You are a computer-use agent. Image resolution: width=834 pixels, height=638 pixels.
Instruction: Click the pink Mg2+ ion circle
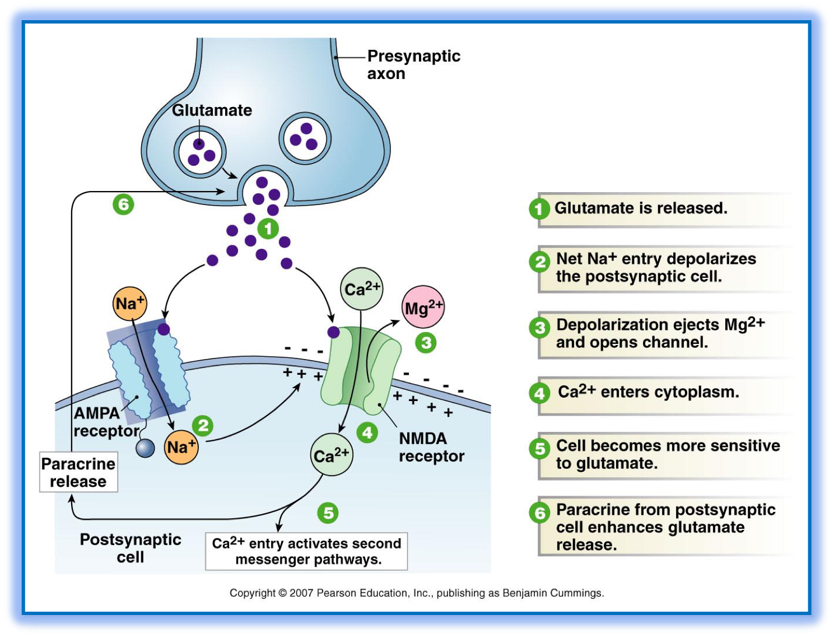click(x=423, y=308)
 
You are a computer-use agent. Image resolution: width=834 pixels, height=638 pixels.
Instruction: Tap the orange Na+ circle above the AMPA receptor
click(x=130, y=304)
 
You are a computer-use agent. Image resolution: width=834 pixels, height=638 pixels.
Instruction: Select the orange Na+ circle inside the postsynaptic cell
click(x=181, y=447)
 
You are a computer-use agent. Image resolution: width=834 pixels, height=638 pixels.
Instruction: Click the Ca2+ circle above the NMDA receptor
click(x=362, y=289)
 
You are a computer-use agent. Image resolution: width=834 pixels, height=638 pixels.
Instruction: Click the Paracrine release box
click(x=78, y=473)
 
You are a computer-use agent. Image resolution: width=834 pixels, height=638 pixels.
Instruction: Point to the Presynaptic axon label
click(x=413, y=64)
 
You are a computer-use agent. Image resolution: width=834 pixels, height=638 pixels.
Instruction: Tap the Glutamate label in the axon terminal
click(x=212, y=110)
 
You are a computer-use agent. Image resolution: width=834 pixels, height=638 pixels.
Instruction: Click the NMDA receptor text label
click(x=431, y=447)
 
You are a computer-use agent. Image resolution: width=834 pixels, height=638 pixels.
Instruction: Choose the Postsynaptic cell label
click(x=131, y=548)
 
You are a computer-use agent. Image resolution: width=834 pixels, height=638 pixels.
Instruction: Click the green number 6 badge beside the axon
click(x=123, y=204)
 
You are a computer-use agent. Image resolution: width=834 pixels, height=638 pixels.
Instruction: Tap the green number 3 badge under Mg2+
click(x=426, y=342)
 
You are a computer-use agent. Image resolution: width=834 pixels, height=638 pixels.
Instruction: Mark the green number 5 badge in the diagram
click(x=328, y=513)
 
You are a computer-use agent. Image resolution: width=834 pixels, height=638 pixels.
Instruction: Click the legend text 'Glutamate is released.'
click(x=641, y=208)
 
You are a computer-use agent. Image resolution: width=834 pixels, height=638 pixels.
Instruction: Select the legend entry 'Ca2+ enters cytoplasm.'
click(x=648, y=392)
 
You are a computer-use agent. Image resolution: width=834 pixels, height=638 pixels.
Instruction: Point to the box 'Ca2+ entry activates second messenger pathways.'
click(x=306, y=551)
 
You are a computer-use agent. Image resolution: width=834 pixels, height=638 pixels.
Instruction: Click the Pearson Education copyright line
click(x=417, y=593)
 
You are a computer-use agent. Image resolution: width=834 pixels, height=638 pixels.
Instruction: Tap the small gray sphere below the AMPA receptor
click(x=145, y=448)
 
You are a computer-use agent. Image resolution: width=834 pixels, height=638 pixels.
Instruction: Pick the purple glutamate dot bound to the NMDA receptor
click(x=333, y=332)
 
